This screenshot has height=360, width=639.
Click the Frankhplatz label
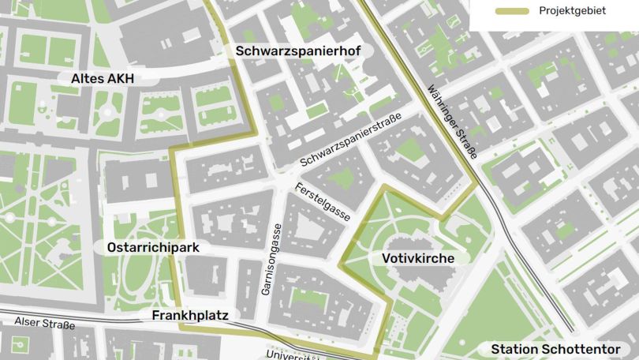pyautogui.click(x=189, y=315)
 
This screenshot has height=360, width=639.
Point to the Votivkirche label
pyautogui.click(x=418, y=258)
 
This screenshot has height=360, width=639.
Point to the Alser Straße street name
pyautogui.click(x=44, y=324)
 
